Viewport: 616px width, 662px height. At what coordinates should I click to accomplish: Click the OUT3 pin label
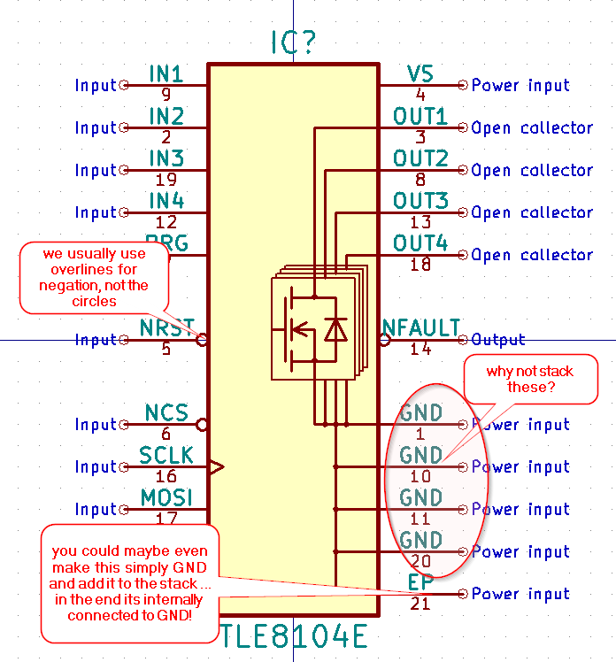pyautogui.click(x=420, y=200)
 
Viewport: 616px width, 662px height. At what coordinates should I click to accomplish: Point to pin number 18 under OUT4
pyautogui.click(x=420, y=264)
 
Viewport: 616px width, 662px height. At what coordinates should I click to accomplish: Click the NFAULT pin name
pyautogui.click(x=420, y=327)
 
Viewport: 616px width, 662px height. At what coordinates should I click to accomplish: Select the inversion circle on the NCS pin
pyautogui.click(x=203, y=424)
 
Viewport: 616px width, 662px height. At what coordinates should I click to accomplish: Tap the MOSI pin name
pyautogui.click(x=166, y=497)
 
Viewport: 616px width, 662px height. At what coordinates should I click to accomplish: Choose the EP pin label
pyautogui.click(x=420, y=581)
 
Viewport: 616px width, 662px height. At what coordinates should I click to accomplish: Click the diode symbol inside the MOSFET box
pyautogui.click(x=335, y=329)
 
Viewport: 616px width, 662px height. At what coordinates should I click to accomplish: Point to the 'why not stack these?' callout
pyautogui.click(x=529, y=379)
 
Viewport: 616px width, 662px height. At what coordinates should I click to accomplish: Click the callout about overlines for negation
pyautogui.click(x=94, y=277)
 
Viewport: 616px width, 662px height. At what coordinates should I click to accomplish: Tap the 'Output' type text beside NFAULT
pyautogui.click(x=498, y=339)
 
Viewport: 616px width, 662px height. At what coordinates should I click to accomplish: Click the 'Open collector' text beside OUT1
pyautogui.click(x=532, y=127)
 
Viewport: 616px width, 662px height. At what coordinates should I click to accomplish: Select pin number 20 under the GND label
pyautogui.click(x=420, y=561)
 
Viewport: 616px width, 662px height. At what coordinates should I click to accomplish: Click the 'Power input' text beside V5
pyautogui.click(x=520, y=85)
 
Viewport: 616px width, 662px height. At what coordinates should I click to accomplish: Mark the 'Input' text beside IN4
pyautogui.click(x=96, y=212)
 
